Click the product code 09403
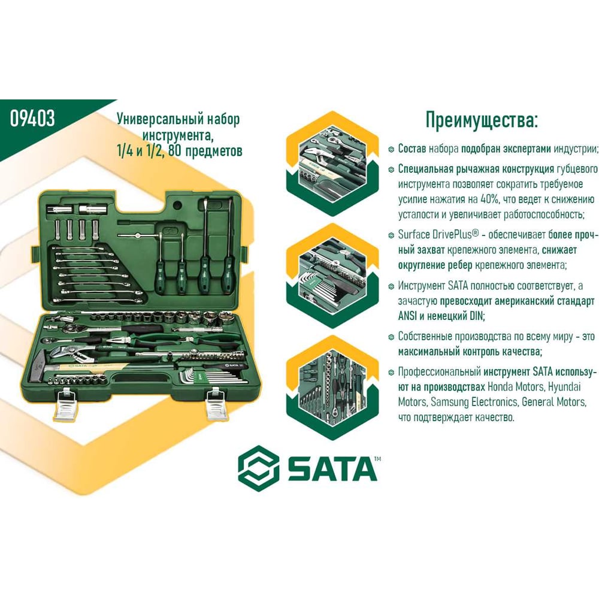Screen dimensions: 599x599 32,118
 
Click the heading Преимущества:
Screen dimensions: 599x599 482,120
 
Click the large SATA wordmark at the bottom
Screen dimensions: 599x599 332,469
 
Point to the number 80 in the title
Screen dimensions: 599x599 174,150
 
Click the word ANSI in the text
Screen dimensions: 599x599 407,316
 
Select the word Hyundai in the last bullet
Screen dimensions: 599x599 564,387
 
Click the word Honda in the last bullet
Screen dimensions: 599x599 500,386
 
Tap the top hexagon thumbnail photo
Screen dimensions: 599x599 332,164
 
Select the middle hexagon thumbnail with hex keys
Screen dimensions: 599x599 332,276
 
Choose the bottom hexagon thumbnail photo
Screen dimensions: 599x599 332,388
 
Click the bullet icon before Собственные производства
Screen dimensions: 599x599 391,337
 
